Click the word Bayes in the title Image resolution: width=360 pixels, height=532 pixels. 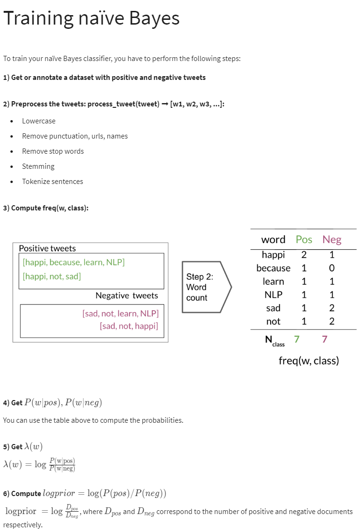tap(154, 18)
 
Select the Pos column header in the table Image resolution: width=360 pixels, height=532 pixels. tap(304, 240)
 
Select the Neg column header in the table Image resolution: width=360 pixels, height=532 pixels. tap(332, 240)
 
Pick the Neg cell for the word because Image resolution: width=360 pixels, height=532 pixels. tap(332, 268)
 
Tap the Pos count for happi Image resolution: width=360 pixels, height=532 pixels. tap(304, 254)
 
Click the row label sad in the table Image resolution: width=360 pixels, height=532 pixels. tap(273, 308)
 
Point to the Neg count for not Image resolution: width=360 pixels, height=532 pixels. tap(332, 321)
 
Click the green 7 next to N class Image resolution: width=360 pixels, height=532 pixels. tap(297, 339)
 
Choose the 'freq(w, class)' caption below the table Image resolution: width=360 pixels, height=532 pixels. tap(309, 361)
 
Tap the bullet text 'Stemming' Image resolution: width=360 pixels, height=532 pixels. tap(38, 166)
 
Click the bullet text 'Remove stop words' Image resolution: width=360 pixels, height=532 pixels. tap(53, 151)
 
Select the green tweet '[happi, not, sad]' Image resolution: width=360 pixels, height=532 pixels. tap(52, 277)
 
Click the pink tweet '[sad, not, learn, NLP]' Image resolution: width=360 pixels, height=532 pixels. tap(121, 314)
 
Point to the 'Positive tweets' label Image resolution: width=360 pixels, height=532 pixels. tap(47, 248)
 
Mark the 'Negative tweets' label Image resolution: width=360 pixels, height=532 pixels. tap(127, 296)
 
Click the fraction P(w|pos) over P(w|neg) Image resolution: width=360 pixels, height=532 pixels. tap(62, 464)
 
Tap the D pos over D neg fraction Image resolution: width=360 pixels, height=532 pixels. tap(72, 511)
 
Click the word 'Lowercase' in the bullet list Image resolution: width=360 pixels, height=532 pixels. tap(39, 121)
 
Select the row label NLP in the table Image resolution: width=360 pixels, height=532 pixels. tap(273, 295)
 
